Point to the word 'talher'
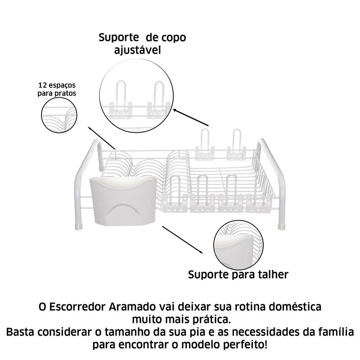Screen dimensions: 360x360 (270, 274)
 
